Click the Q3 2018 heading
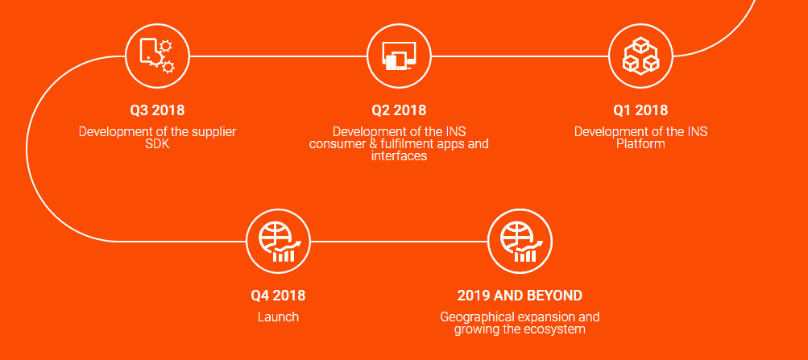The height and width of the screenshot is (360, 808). [x=157, y=110]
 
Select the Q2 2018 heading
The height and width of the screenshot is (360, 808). [x=399, y=110]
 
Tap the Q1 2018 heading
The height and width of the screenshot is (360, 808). [x=640, y=110]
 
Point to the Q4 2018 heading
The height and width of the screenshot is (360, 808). [x=278, y=296]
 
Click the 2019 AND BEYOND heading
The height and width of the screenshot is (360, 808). [x=520, y=296]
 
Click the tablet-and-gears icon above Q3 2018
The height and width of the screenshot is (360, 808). [x=157, y=56]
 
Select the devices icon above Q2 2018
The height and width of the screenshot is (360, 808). [x=399, y=56]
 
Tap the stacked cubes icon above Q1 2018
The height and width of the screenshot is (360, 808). [x=640, y=56]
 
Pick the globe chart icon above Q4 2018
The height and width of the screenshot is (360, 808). [x=279, y=242]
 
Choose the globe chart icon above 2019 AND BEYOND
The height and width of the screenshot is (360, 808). [x=520, y=242]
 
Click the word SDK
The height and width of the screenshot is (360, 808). [x=157, y=143]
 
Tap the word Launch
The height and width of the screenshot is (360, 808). [x=278, y=317]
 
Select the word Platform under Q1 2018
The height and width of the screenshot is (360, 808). [x=640, y=143]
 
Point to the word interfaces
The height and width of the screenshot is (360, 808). [x=399, y=155]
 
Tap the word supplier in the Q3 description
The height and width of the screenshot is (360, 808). [x=214, y=132]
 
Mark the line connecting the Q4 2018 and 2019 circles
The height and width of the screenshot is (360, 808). [x=399, y=241]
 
